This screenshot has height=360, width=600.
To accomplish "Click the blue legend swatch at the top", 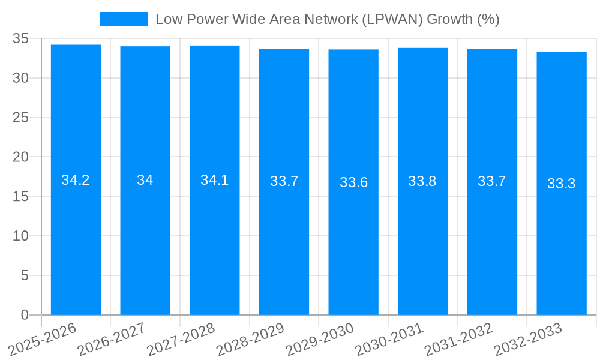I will (124, 19).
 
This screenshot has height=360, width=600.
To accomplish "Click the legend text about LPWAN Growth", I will (327, 19).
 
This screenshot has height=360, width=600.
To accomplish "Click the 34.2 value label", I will (76, 180).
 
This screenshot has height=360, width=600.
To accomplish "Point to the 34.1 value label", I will (214, 180).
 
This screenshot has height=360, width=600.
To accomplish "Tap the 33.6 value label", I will (353, 182).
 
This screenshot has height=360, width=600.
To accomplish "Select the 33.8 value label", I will (422, 181).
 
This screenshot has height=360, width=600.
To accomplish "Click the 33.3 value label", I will (562, 184).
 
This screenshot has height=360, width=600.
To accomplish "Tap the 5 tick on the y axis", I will (25, 275).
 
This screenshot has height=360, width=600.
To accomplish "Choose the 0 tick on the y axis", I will (25, 315).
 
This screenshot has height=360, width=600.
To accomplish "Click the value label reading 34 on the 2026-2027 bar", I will (145, 180).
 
